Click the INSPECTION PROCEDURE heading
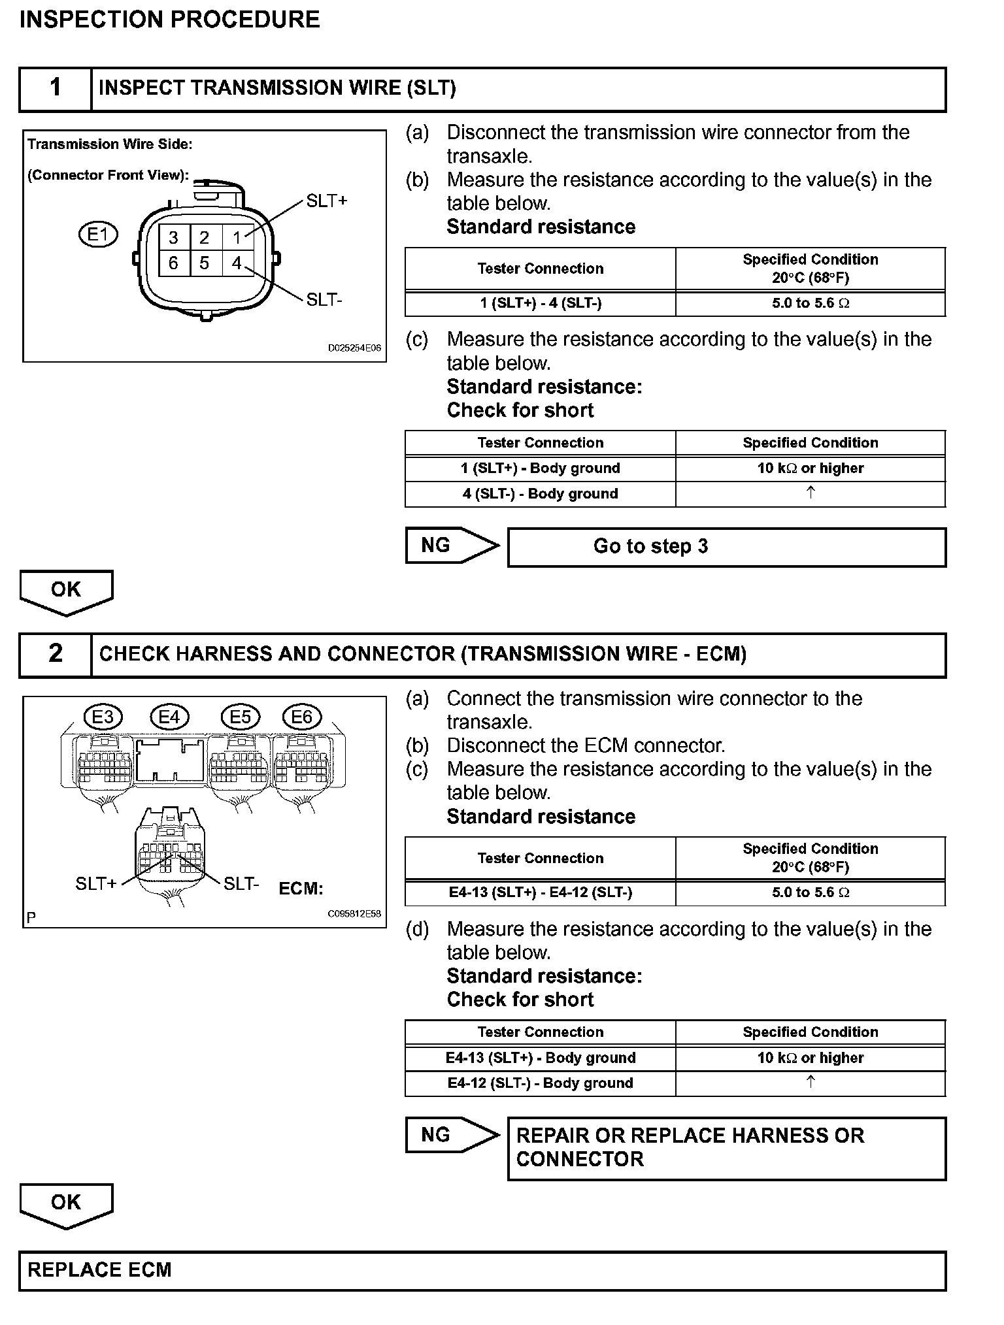click(x=170, y=20)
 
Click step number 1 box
click(x=56, y=88)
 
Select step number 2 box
click(x=56, y=654)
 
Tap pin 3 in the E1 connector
click(x=173, y=238)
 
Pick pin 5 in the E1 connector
click(x=205, y=263)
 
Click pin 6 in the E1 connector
click(x=173, y=263)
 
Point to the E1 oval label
click(x=98, y=234)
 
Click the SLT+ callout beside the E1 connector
click(x=327, y=201)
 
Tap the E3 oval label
click(x=103, y=717)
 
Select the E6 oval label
click(x=301, y=717)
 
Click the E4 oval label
click(x=169, y=717)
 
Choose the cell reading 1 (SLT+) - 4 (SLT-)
click(x=541, y=303)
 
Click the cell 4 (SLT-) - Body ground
click(x=541, y=494)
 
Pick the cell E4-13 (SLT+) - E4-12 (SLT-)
click(x=541, y=892)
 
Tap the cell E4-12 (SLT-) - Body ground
click(x=541, y=1083)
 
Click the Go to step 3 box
click(x=727, y=547)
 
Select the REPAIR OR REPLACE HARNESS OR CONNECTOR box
click(x=727, y=1148)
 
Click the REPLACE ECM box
click(x=482, y=1271)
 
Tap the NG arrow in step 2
click(x=451, y=1135)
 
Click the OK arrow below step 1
click(x=66, y=591)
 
